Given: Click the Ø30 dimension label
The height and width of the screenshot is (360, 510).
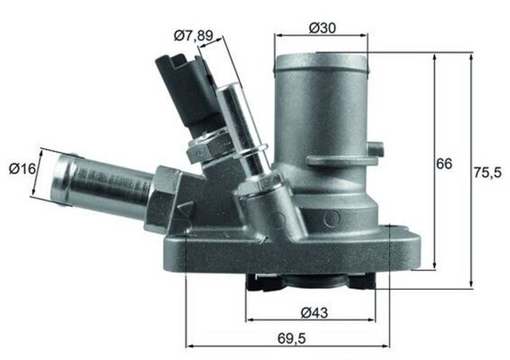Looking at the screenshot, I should click(321, 25).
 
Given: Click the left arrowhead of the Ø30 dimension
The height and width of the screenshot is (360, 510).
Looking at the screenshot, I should click(278, 36).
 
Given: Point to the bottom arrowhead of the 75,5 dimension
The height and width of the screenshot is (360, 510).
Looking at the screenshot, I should click(471, 284).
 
